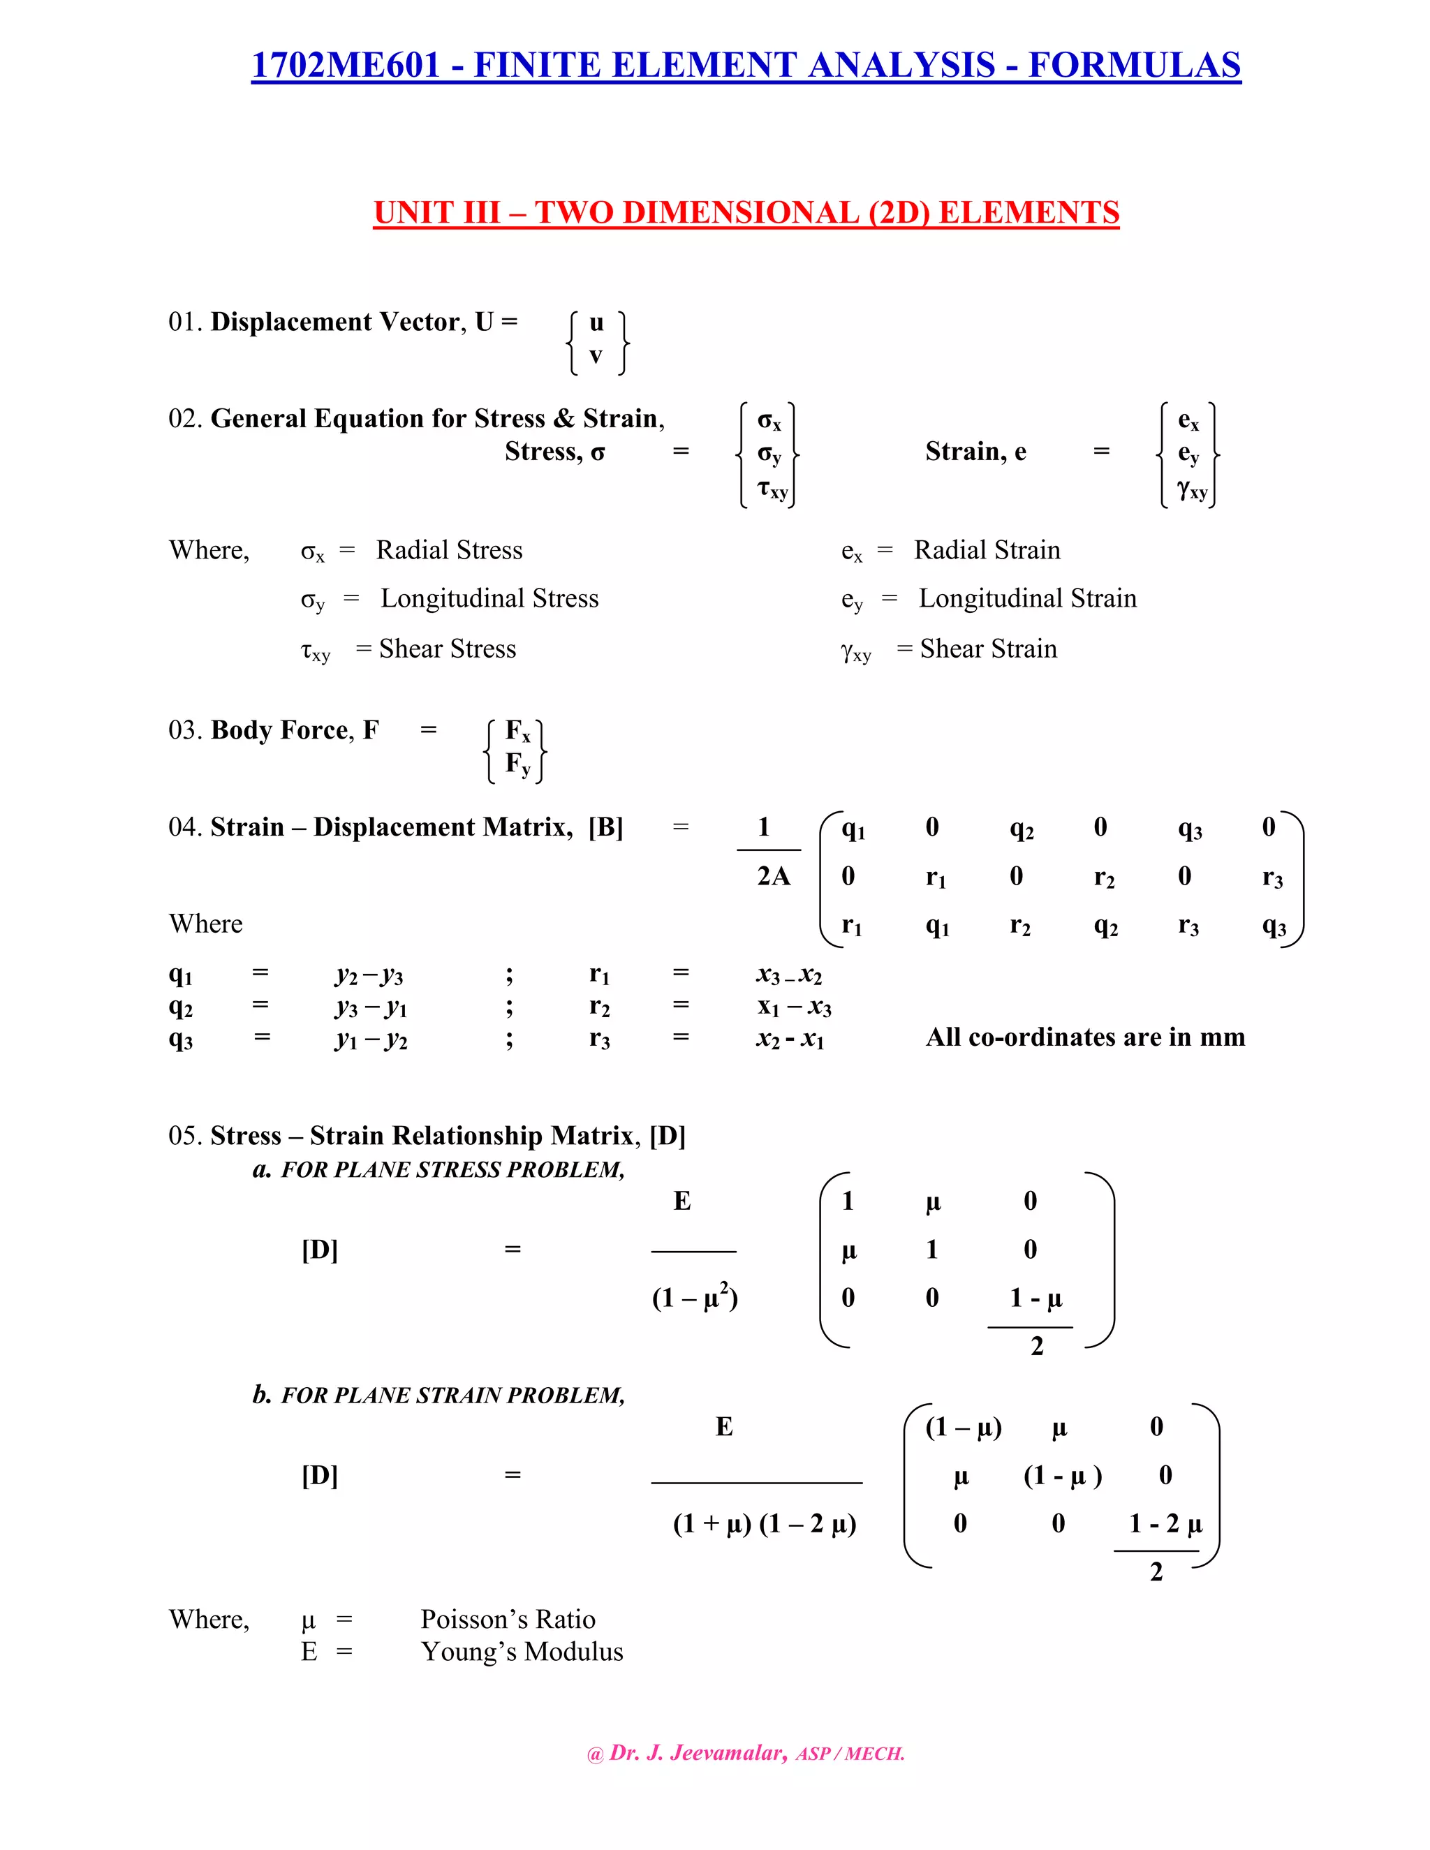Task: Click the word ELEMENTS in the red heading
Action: [x=1029, y=213]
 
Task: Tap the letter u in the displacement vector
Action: [x=596, y=323]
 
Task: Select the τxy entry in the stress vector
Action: [x=772, y=489]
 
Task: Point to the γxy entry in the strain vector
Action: [x=1191, y=489]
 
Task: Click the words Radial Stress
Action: [x=449, y=551]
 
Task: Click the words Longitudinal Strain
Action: [x=1026, y=599]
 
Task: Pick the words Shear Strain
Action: [x=988, y=649]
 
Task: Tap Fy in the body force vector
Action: [x=517, y=764]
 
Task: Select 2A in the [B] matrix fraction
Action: [x=773, y=877]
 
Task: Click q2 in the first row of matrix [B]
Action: [x=1021, y=829]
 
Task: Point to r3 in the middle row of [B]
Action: [x=1271, y=878]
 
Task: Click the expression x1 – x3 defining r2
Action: [x=794, y=1007]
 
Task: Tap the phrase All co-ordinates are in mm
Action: [x=1084, y=1037]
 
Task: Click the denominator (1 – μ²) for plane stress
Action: [x=695, y=1298]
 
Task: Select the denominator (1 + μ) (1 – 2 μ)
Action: [x=764, y=1524]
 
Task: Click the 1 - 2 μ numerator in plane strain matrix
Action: [x=1165, y=1524]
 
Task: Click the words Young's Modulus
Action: [x=522, y=1652]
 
